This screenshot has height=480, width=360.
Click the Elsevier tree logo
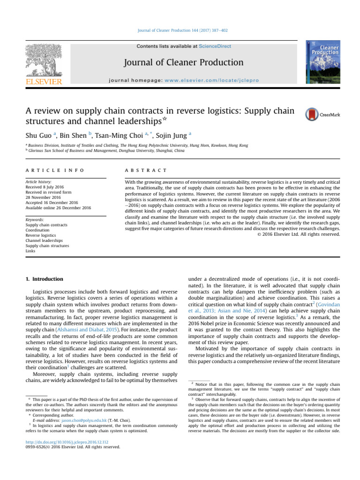click(44, 61)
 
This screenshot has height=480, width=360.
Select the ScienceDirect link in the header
click(215, 46)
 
